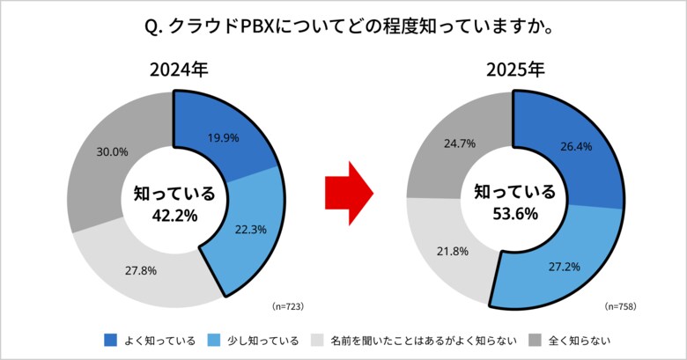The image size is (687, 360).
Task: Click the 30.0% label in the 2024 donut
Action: pyautogui.click(x=112, y=151)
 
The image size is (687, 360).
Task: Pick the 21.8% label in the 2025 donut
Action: pyautogui.click(x=454, y=251)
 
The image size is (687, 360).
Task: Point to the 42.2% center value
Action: pyautogui.click(x=174, y=213)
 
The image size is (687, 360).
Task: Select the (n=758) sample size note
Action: pyautogui.click(x=621, y=305)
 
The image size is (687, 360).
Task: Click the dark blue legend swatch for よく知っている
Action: pyautogui.click(x=110, y=340)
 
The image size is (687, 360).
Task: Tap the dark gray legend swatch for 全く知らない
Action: pyautogui.click(x=533, y=340)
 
